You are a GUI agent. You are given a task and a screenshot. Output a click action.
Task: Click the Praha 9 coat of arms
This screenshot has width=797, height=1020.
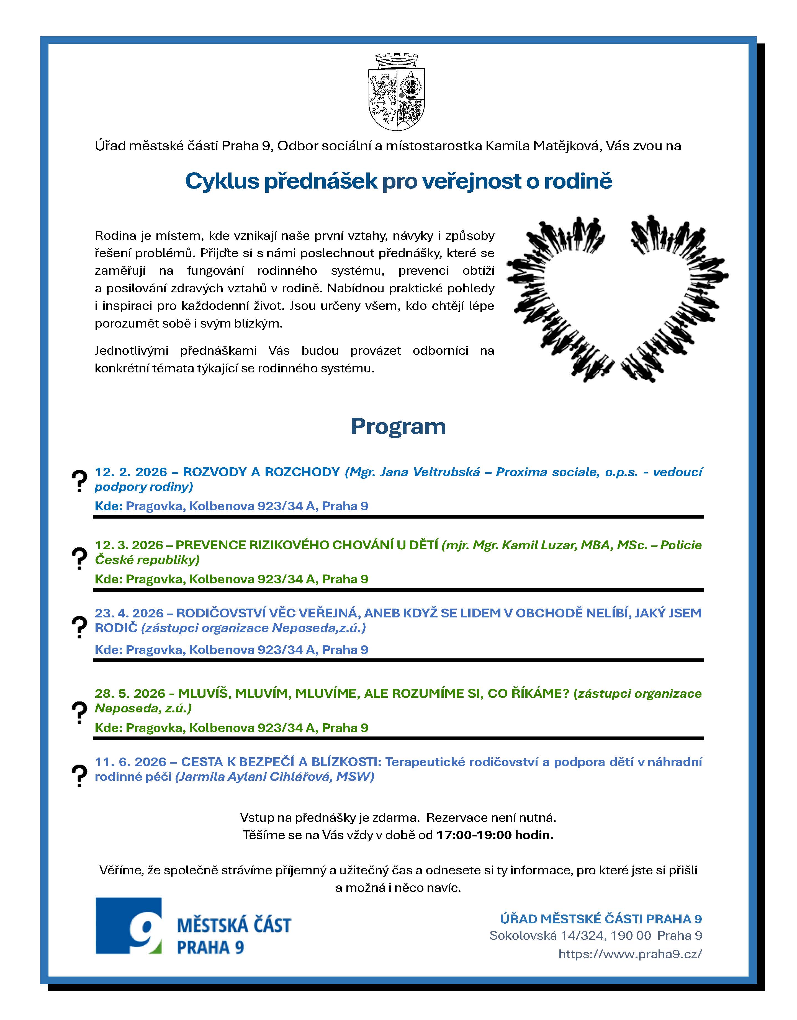coord(397,92)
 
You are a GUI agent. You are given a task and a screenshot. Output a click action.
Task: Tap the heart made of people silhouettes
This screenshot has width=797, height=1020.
coord(618,299)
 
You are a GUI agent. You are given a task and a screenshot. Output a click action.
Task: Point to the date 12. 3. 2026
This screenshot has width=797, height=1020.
coord(129,545)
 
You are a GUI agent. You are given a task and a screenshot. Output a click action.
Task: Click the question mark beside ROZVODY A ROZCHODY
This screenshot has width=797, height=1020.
coord(79,481)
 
